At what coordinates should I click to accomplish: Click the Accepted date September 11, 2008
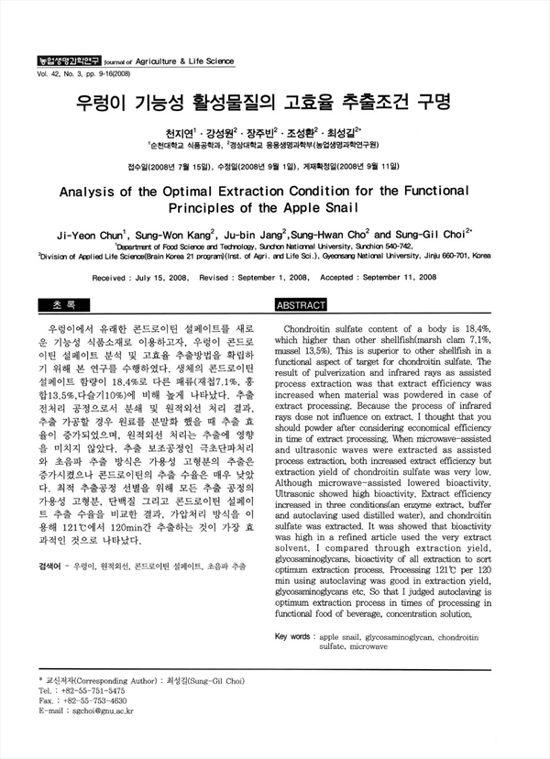click(388, 277)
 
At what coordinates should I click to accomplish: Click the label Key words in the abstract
click(292, 635)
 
